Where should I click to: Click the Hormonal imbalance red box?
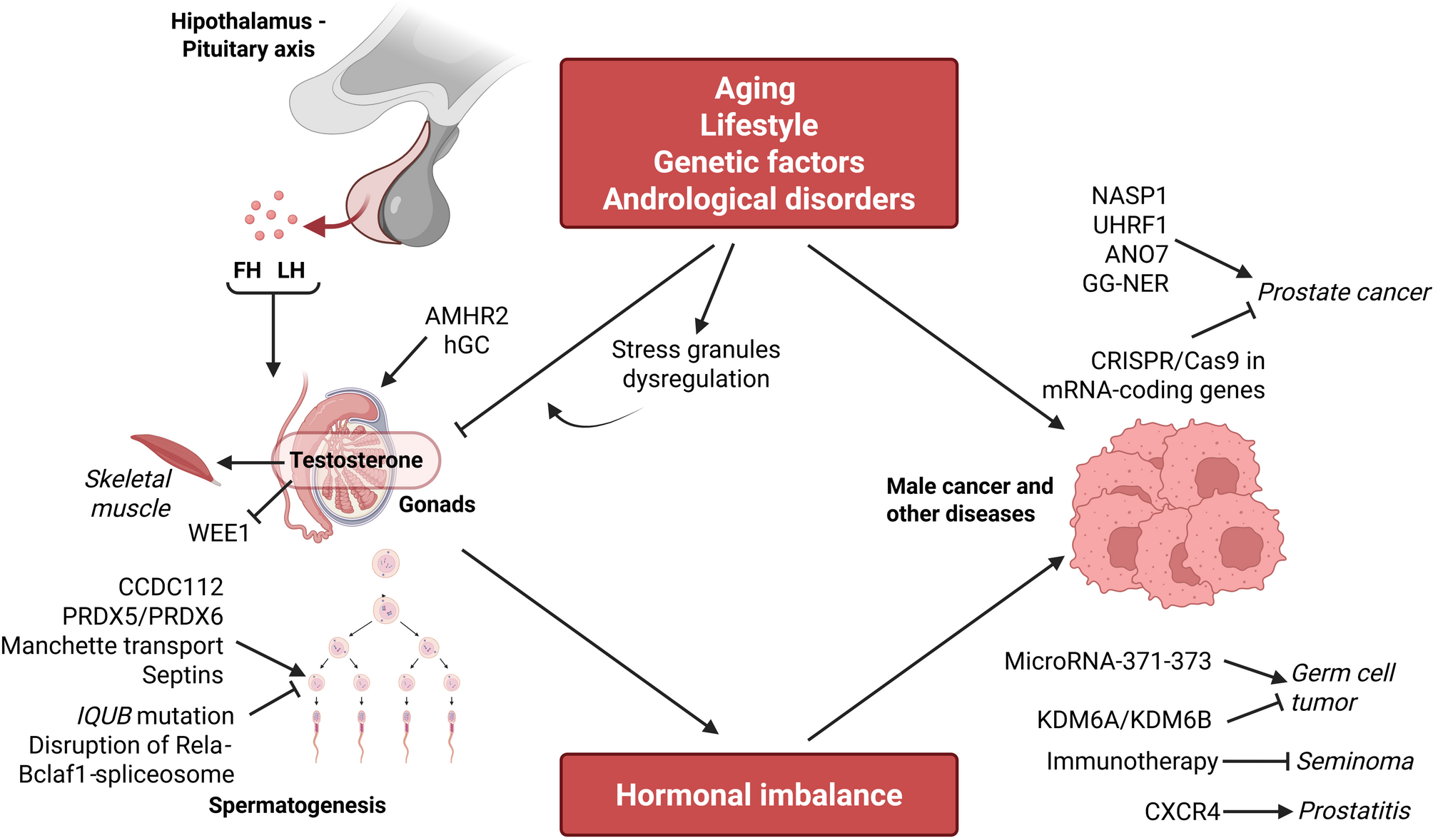click(x=759, y=794)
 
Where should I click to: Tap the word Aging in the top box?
click(x=755, y=89)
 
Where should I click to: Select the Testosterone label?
click(x=356, y=460)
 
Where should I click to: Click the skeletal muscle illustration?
click(x=173, y=458)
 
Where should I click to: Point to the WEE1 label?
click(x=218, y=533)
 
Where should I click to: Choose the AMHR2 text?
click(x=467, y=315)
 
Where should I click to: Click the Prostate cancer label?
click(x=1343, y=292)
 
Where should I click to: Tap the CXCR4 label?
click(x=1182, y=812)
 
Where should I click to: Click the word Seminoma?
click(x=1354, y=762)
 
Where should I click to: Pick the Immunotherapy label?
click(x=1132, y=762)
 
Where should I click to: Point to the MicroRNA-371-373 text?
click(x=1108, y=662)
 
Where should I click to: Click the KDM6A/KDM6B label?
click(x=1124, y=720)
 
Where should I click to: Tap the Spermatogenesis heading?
click(x=297, y=805)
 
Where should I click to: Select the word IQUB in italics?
click(x=104, y=715)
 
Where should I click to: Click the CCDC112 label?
click(x=171, y=587)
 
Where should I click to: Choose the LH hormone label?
click(x=291, y=271)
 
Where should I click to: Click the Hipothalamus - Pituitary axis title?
click(x=248, y=35)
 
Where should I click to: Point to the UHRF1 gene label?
click(x=1130, y=226)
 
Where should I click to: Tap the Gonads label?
click(x=437, y=505)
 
